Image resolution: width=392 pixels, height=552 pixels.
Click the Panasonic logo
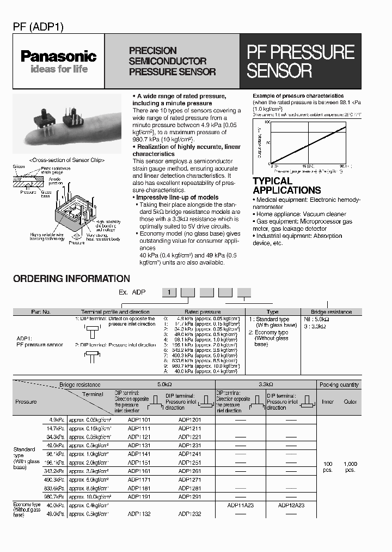(58, 56)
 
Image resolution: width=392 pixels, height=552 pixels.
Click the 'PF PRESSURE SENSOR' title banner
(301, 61)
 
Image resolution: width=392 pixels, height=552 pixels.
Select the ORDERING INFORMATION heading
(71, 279)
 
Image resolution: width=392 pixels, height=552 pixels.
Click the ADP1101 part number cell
(139, 421)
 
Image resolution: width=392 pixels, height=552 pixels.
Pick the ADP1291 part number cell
(189, 497)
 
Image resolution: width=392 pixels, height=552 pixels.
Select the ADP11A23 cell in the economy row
(240, 506)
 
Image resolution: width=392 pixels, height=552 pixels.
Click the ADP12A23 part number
(291, 506)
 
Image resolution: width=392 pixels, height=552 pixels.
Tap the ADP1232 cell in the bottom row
(189, 514)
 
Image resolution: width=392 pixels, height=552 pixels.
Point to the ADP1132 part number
(139, 514)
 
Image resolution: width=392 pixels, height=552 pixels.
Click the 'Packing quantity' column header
(339, 385)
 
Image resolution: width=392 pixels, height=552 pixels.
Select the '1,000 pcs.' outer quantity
(350, 466)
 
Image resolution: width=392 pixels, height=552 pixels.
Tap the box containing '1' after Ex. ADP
(169, 293)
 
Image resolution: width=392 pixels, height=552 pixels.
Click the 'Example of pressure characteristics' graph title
(298, 96)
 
